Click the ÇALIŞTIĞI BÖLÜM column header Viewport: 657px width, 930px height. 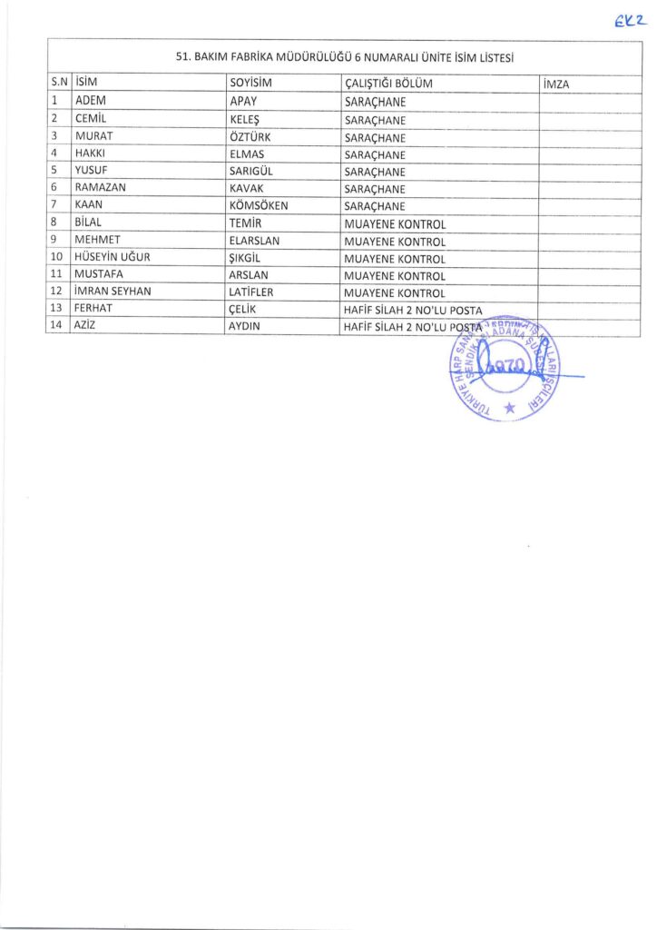tap(388, 84)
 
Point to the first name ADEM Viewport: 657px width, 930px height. tap(92, 102)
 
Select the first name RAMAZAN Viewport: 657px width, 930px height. tap(98, 189)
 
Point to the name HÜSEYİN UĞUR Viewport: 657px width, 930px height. tap(112, 258)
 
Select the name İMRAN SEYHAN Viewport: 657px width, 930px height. tap(113, 292)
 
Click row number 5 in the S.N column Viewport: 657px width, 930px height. tap(55, 171)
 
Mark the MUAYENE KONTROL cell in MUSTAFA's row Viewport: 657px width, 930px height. tap(395, 275)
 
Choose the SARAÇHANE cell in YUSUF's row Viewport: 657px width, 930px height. tap(374, 172)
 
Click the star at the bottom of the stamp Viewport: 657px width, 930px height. tap(507, 410)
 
